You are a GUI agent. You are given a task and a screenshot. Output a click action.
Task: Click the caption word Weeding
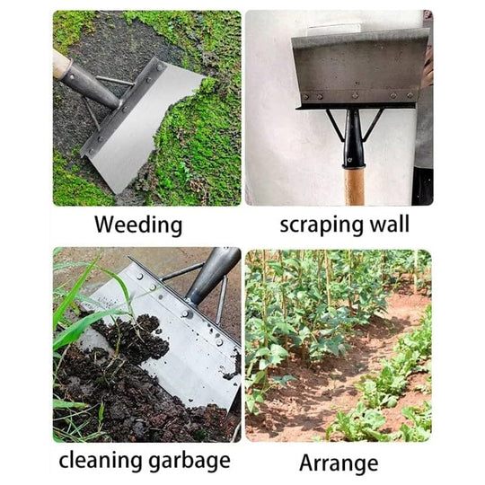(x=137, y=225)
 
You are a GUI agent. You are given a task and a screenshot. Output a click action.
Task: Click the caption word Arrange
(x=338, y=463)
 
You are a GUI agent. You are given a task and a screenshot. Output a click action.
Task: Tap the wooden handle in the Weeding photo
(x=60, y=62)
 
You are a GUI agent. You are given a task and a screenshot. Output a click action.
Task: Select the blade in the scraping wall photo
(x=359, y=67)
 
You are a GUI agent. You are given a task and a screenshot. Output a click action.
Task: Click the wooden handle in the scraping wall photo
(x=355, y=184)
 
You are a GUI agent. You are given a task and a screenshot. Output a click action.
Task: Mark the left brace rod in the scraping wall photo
(x=334, y=124)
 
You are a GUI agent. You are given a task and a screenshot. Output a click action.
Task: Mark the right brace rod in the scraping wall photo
(x=374, y=124)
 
